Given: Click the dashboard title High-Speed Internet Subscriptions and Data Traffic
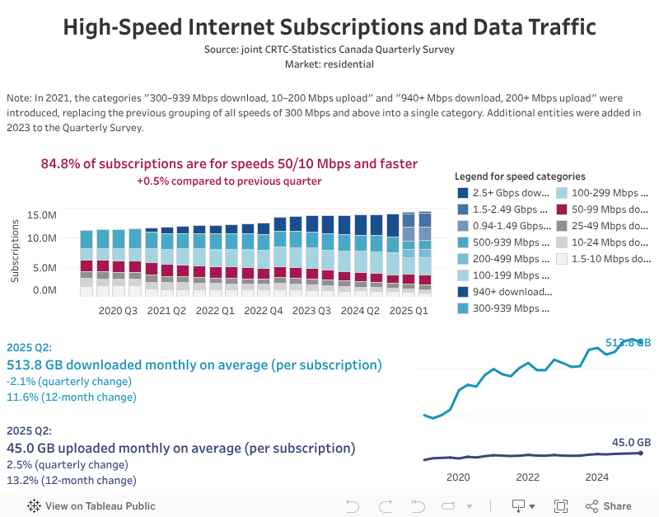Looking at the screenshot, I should point(329,26).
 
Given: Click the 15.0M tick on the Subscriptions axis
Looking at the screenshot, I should point(41,215).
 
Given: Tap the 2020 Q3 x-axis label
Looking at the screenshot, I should point(118,311).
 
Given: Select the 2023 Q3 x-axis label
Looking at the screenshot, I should point(311,311).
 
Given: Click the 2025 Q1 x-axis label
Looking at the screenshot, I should point(409,311).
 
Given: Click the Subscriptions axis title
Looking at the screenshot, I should point(16,251).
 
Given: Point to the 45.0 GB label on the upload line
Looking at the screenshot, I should point(632,443).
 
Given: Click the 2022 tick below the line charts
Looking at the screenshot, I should point(527,477).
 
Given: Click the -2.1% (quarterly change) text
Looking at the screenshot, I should point(68,381).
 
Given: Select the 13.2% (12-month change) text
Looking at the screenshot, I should point(71,480).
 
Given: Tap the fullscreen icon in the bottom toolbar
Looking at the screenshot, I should point(561,505).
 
